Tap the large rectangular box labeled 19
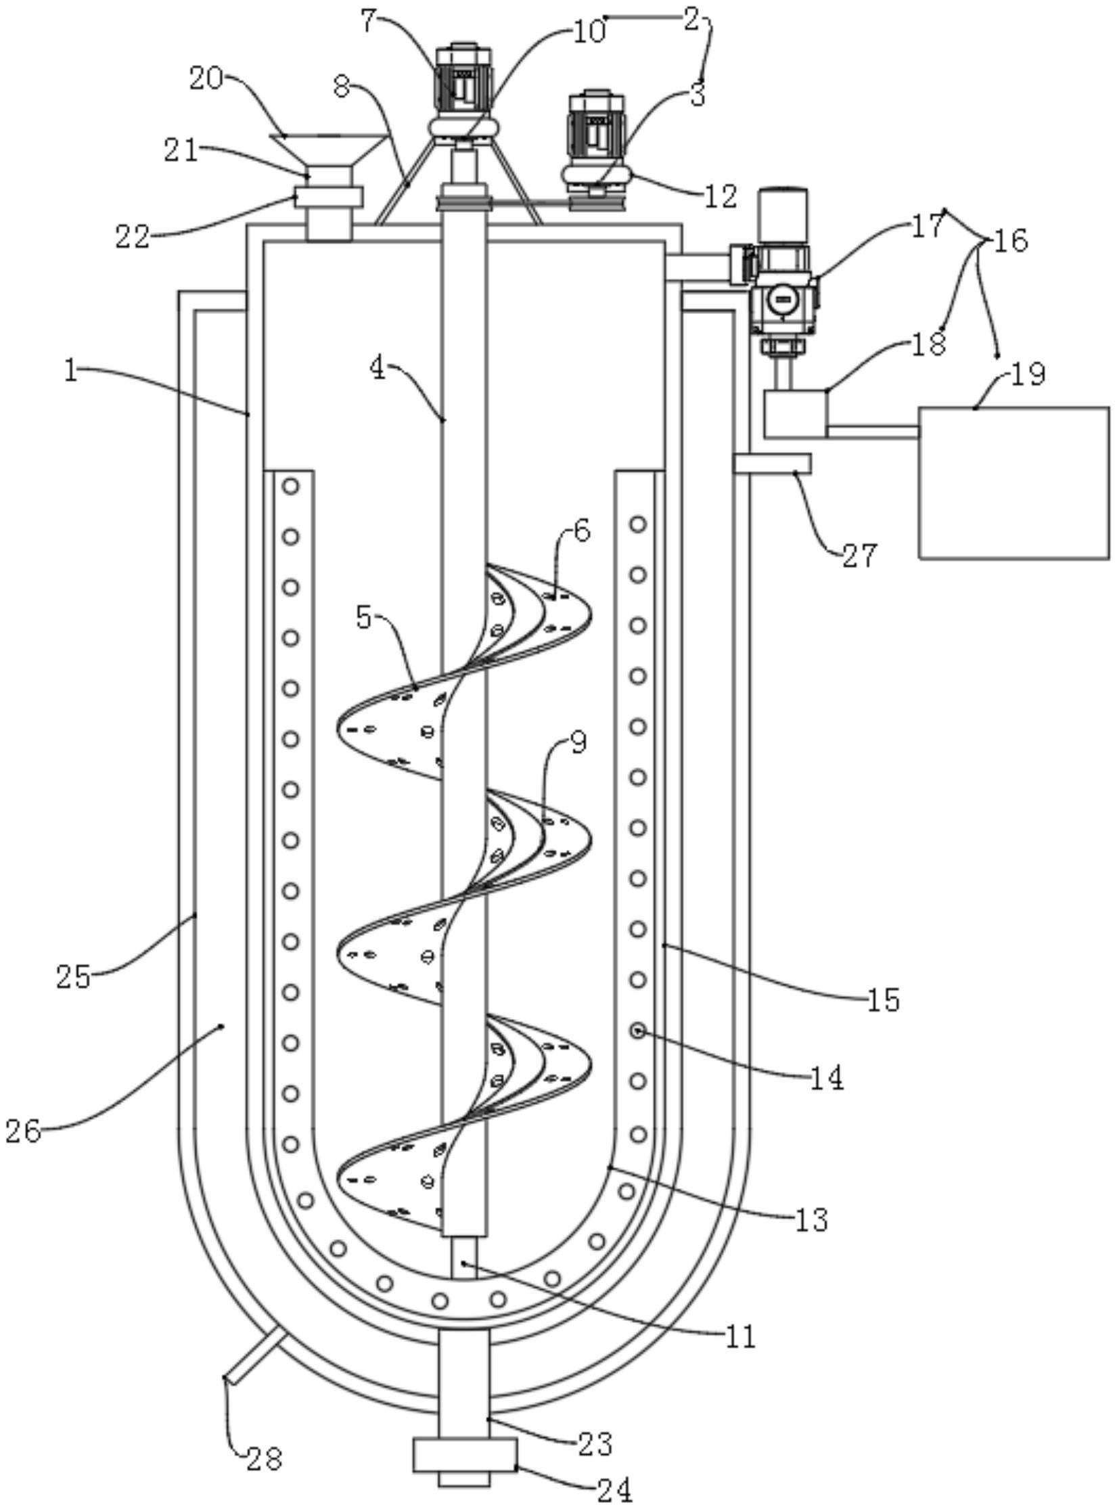click(1013, 482)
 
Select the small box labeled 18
click(796, 413)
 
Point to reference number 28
click(264, 1459)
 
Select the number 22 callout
click(133, 236)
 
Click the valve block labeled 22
click(329, 197)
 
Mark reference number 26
click(24, 1130)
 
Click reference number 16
click(1011, 240)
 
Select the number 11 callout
click(740, 1337)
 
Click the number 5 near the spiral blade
click(364, 617)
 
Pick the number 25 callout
click(73, 977)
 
